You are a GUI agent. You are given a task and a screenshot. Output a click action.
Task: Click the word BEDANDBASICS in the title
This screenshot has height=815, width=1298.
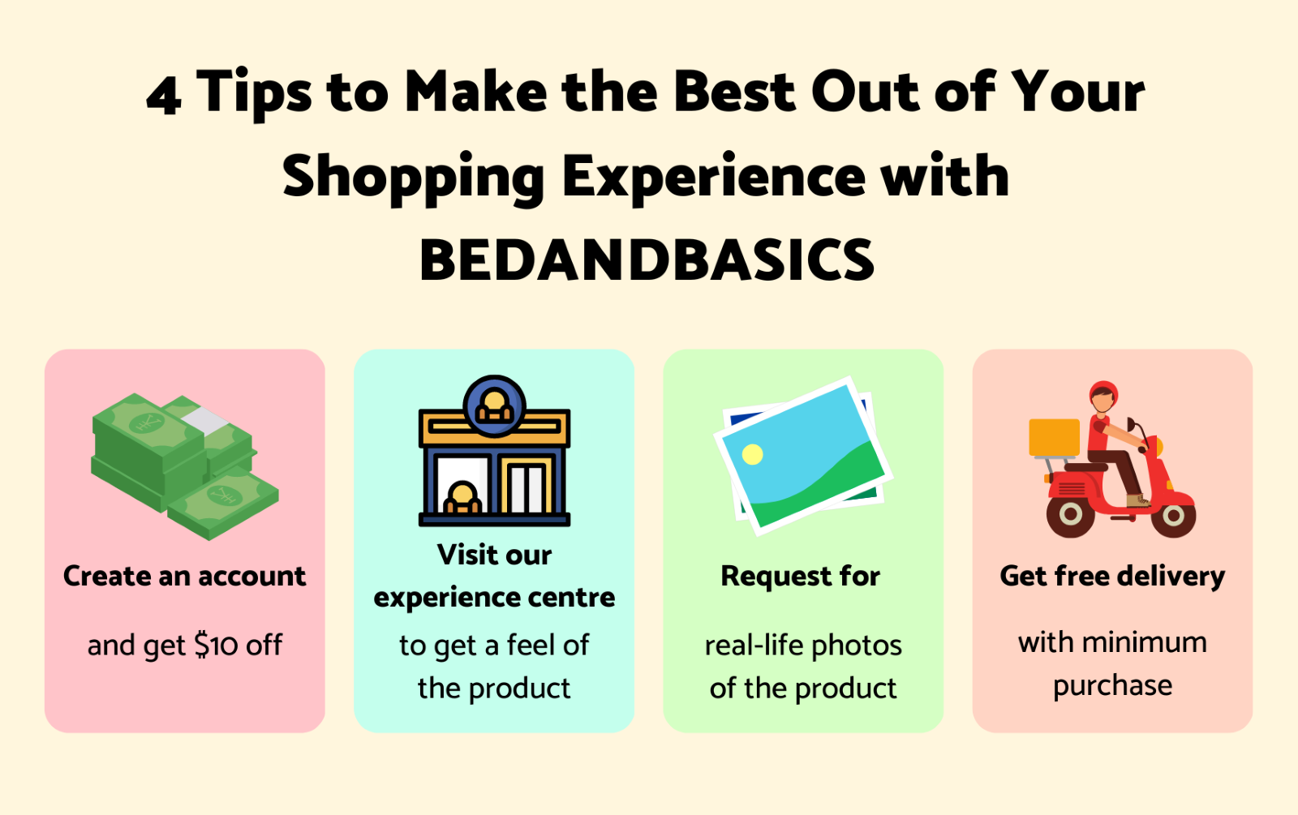(647, 260)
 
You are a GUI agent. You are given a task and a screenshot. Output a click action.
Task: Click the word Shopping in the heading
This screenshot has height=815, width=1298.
(413, 178)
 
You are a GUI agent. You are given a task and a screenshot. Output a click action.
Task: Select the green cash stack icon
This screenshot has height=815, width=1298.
(185, 466)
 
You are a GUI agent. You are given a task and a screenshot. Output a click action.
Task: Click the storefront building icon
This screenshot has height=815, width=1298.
(494, 451)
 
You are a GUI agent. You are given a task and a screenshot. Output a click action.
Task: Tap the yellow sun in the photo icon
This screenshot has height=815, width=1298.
(752, 454)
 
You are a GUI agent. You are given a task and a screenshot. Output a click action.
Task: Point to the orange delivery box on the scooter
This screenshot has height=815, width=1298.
(1054, 437)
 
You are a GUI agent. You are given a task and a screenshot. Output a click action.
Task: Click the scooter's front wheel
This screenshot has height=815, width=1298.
(1173, 515)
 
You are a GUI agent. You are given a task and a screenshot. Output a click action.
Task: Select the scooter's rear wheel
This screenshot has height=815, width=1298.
(1070, 513)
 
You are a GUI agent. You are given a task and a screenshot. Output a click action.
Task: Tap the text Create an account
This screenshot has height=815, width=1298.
(184, 576)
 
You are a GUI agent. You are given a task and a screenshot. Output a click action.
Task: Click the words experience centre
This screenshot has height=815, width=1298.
(494, 598)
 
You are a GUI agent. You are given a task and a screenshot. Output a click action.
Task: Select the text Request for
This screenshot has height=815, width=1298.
(800, 577)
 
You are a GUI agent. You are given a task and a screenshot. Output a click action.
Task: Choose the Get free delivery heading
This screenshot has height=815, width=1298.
(1112, 577)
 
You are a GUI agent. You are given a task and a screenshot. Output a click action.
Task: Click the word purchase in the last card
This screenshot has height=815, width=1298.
(1112, 686)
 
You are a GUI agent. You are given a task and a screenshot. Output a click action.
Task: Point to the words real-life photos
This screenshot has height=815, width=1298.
(803, 646)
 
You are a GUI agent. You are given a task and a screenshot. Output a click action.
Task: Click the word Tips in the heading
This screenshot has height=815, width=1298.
(254, 94)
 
